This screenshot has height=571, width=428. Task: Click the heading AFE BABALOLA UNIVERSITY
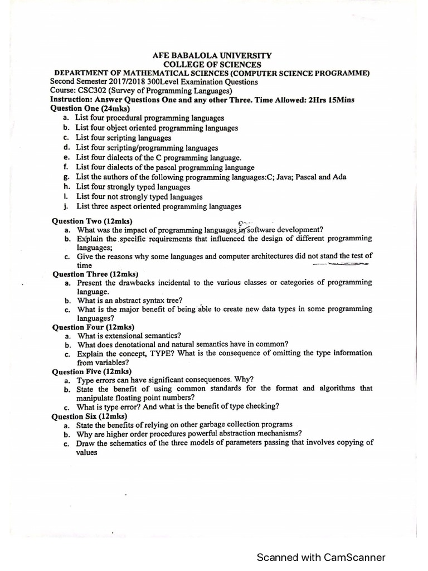(212, 56)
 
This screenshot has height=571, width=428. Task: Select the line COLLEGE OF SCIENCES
(212, 65)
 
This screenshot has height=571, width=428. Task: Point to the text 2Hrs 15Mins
(330, 100)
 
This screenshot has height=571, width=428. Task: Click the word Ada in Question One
(339, 177)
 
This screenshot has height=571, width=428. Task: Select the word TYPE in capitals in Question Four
(166, 353)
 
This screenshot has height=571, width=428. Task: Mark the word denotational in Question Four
(140, 344)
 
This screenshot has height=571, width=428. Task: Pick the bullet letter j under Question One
(66, 206)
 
